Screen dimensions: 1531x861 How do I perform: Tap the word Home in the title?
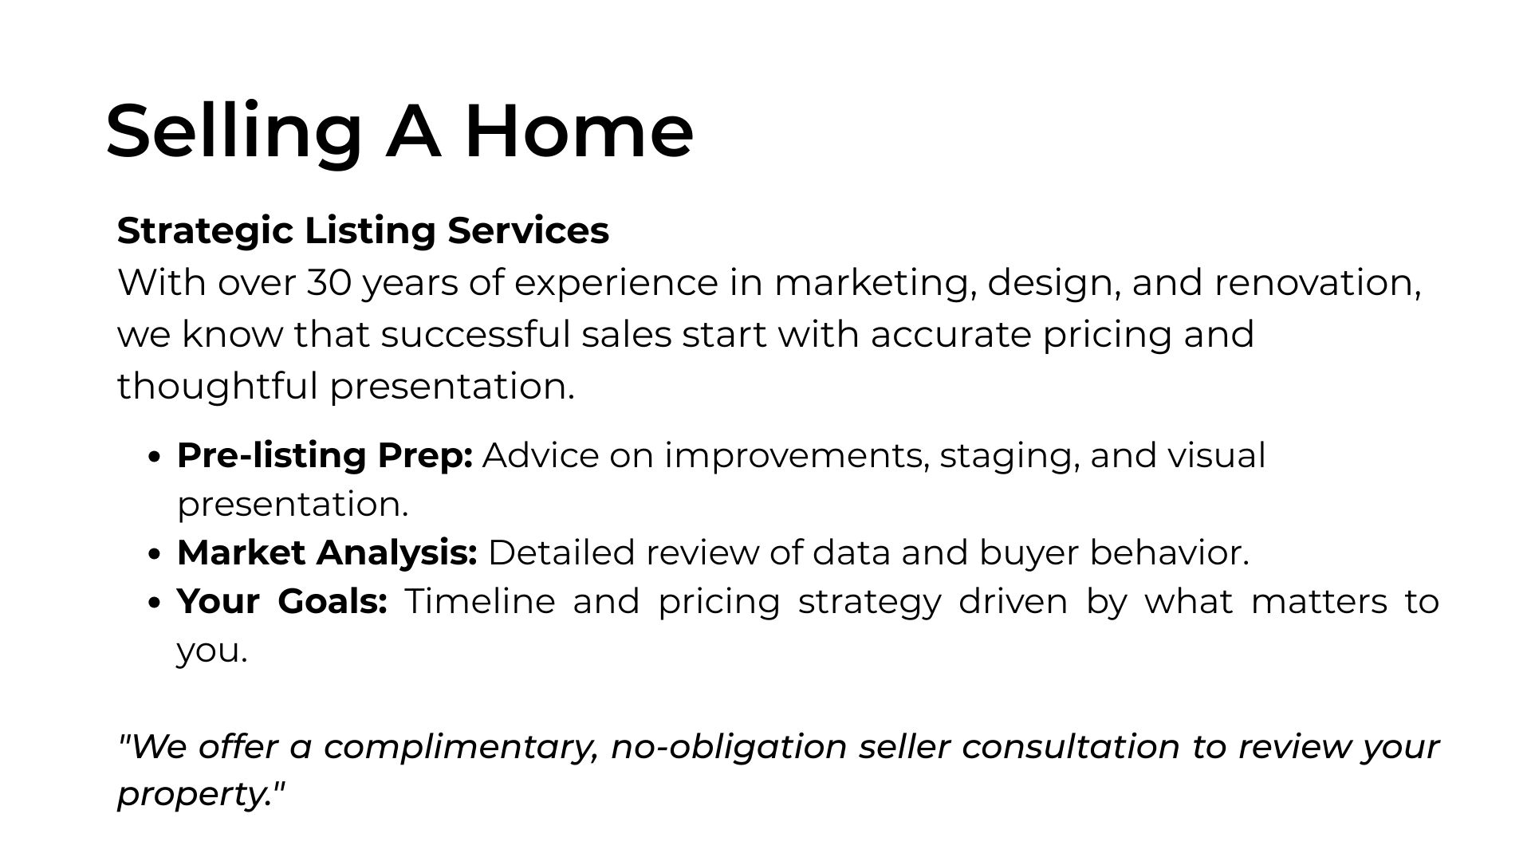[579, 131]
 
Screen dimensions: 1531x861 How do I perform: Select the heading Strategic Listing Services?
[363, 231]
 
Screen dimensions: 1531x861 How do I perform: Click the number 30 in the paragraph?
[329, 282]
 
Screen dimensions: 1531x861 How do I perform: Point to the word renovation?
[1317, 283]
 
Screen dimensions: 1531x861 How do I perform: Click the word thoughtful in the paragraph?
[218, 385]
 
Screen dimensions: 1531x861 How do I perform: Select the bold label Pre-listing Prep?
[325, 456]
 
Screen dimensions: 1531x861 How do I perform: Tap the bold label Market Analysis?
[327, 552]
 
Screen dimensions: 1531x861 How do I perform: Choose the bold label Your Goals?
[282, 601]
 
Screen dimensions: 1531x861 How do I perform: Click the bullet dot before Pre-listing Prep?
[155, 457]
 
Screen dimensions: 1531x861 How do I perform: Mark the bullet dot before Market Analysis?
[155, 554]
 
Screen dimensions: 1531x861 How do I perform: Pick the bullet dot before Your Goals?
[155, 603]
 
